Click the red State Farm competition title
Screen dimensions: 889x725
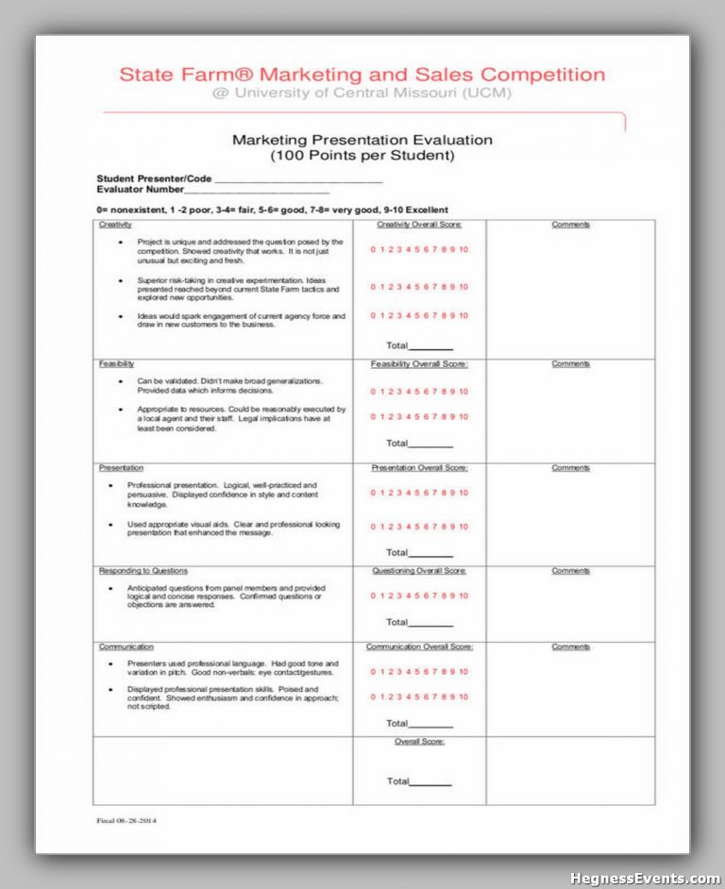(362, 75)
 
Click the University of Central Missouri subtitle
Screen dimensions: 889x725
(362, 93)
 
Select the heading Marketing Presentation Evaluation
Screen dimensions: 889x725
(362, 140)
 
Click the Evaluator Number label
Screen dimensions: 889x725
(140, 190)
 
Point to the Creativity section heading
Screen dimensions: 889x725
(115, 225)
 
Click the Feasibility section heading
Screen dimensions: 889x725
(116, 363)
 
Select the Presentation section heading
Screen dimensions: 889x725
(121, 467)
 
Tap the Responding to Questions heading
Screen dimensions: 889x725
(143, 571)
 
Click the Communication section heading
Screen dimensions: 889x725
(126, 646)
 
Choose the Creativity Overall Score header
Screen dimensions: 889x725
(419, 225)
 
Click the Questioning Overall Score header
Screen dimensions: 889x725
(419, 571)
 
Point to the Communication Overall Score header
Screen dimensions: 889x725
(419, 646)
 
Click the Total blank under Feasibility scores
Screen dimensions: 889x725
(431, 444)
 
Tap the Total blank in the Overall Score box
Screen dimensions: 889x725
(431, 783)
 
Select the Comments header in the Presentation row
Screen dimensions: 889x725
(570, 467)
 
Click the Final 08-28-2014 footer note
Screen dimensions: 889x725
(126, 820)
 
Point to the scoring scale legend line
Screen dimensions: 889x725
(272, 210)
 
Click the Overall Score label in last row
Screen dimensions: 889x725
(419, 742)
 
